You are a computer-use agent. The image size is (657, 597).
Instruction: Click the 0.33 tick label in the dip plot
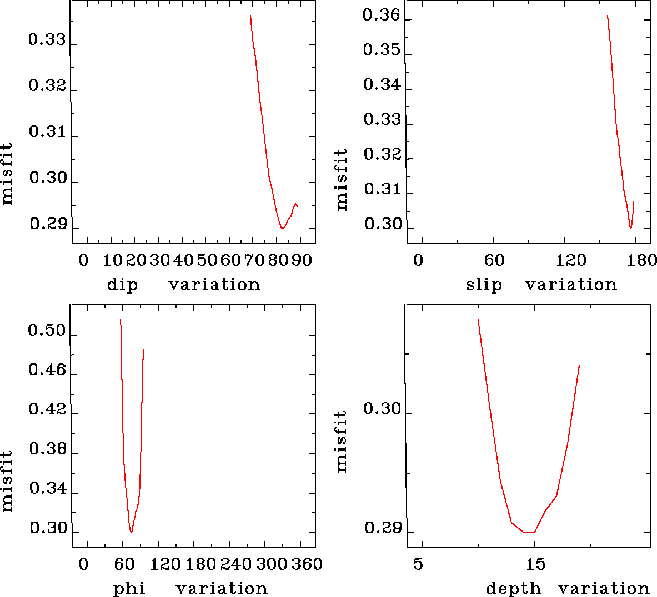[47, 41]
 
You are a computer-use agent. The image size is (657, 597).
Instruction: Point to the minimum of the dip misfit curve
[282, 228]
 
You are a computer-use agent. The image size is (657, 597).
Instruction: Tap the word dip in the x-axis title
[122, 285]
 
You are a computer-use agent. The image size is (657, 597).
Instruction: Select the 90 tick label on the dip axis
[302, 260]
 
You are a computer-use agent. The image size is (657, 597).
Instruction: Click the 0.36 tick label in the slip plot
[381, 15]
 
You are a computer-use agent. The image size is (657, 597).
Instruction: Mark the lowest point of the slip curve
[630, 228]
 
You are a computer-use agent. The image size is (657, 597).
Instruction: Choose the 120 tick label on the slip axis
[571, 260]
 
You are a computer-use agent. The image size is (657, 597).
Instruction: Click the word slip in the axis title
[484, 285]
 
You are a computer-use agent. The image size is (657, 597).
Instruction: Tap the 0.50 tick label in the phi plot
[47, 332]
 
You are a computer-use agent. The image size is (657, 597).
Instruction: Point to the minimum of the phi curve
[131, 532]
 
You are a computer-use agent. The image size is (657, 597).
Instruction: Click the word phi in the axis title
[129, 589]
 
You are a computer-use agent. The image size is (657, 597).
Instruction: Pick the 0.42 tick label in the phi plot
[47, 410]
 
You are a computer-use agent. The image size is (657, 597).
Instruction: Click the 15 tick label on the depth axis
[536, 564]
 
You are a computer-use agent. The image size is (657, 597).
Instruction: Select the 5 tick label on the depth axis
[418, 564]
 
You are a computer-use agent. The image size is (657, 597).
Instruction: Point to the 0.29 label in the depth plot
[382, 528]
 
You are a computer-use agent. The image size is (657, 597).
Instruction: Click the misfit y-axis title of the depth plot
[342, 442]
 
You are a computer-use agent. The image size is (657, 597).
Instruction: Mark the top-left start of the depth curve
[478, 320]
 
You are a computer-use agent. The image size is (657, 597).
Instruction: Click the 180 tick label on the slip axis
[644, 260]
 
